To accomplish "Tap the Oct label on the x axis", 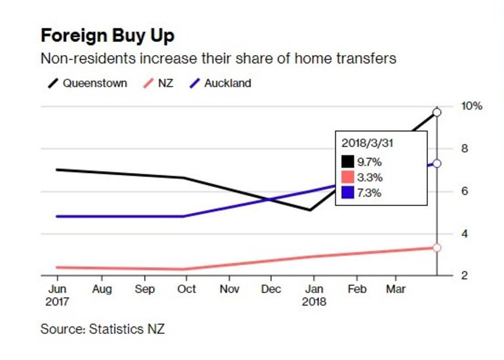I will click(x=186, y=289).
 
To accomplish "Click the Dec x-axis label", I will click(x=270, y=289).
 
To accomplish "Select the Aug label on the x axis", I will click(x=102, y=289).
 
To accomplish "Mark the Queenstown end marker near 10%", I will click(x=436, y=112).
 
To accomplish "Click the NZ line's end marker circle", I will click(x=436, y=247).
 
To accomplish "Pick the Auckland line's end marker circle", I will click(x=436, y=163).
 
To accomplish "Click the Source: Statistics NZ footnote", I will click(x=102, y=329).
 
